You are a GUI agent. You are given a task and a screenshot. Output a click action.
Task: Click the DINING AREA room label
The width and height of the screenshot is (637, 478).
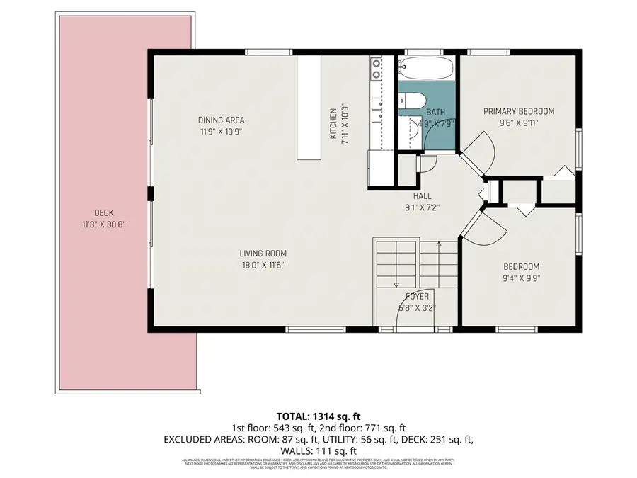coord(221,120)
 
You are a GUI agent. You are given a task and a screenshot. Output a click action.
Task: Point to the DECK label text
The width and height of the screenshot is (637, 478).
coord(103,213)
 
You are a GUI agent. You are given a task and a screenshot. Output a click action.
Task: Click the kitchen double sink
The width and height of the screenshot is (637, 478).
coord(376,68)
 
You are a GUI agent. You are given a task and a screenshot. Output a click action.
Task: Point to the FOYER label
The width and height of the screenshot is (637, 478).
coord(417,296)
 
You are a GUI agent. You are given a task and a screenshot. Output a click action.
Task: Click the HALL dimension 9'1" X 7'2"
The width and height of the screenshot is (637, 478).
coord(417,208)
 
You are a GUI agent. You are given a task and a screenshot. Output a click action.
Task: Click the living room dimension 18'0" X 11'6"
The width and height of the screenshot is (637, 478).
coord(262,266)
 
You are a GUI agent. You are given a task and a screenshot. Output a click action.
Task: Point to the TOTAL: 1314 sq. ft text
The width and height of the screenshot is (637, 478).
coord(318,416)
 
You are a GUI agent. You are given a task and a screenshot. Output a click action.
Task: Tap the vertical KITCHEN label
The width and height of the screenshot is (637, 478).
coord(333,123)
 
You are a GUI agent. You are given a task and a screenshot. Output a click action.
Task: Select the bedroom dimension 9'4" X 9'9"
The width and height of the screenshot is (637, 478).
coord(520,278)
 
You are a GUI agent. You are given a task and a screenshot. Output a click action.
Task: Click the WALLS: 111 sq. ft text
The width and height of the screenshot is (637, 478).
coord(318,450)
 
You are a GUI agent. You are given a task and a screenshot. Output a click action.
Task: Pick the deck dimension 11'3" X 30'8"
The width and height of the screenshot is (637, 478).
coord(103,224)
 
